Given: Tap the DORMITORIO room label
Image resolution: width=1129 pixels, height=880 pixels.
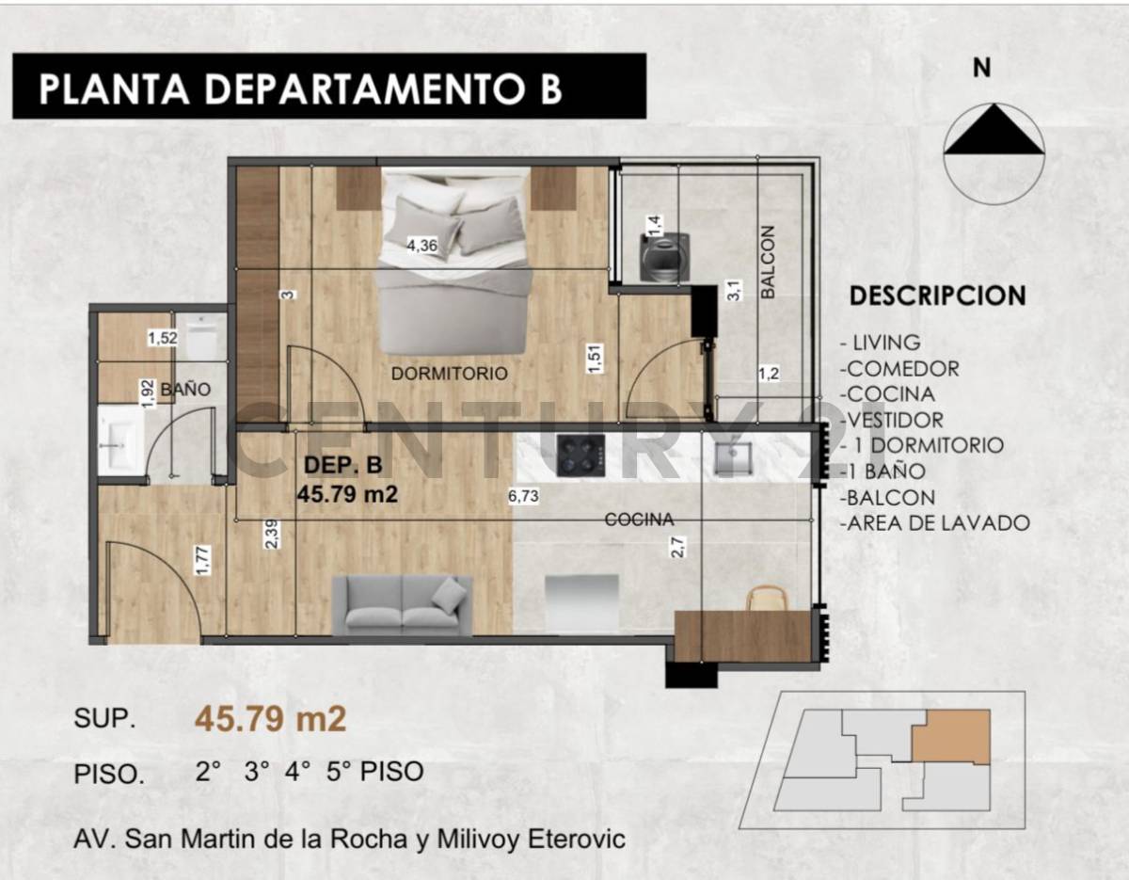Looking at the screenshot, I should click(x=449, y=374).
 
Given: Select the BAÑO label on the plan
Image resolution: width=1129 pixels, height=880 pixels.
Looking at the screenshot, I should click(x=184, y=389).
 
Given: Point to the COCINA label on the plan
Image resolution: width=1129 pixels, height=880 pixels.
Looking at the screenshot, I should click(x=639, y=519).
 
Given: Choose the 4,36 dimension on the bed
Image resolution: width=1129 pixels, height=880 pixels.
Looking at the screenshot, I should click(x=421, y=246).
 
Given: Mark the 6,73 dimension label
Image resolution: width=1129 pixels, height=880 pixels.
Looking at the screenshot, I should click(x=523, y=497).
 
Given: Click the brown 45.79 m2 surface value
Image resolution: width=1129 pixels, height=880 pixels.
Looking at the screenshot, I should click(x=271, y=720).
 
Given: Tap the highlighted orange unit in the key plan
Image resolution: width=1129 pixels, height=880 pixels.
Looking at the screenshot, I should click(x=950, y=736).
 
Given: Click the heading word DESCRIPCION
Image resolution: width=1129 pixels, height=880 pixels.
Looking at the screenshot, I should click(x=937, y=296).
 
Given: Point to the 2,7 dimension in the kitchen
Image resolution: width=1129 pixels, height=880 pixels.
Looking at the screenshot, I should click(x=675, y=547).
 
